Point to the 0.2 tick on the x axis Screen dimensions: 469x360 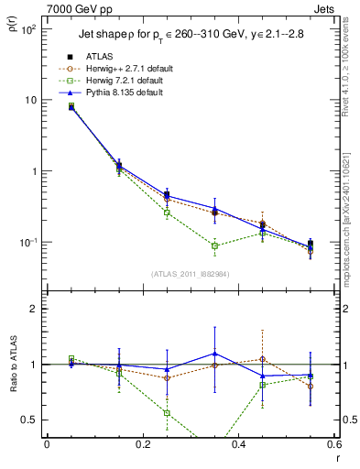[142, 445]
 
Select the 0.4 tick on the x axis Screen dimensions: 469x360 [238, 445]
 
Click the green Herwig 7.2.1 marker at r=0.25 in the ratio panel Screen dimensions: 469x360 [167, 412]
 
